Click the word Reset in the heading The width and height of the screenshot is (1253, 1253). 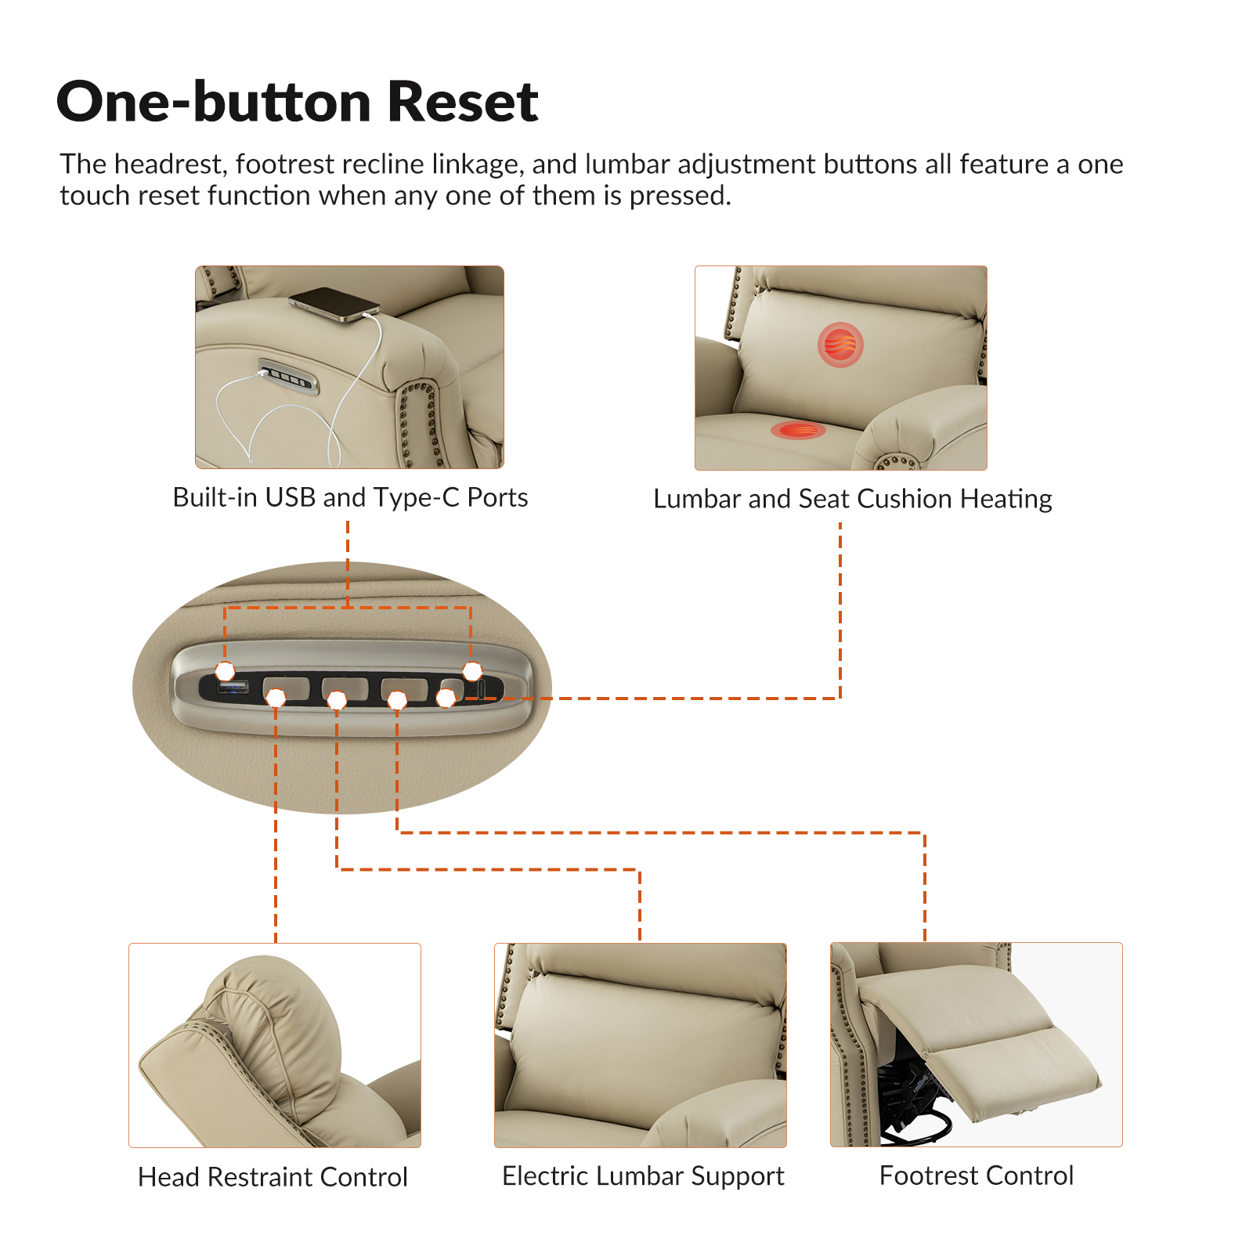click(463, 102)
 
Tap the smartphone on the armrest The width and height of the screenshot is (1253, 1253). click(334, 304)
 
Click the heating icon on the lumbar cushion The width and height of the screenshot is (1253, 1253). click(840, 345)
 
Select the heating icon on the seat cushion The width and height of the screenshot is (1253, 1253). click(798, 430)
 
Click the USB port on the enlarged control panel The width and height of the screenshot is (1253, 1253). click(233, 688)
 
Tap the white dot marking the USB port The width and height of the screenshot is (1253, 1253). click(226, 671)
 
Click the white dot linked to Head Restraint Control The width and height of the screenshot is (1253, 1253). click(276, 697)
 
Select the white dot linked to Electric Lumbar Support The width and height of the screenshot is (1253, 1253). click(337, 699)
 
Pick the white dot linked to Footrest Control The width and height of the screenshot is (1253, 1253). click(398, 700)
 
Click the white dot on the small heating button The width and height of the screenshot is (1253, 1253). click(446, 697)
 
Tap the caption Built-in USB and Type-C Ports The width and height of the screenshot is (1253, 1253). click(350, 498)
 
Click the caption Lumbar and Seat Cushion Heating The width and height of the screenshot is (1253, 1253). click(852, 499)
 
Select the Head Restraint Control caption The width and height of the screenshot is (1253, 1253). click(273, 1177)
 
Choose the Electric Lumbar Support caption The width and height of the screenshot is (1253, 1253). click(643, 1176)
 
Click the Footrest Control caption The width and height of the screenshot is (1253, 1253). click(977, 1175)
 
